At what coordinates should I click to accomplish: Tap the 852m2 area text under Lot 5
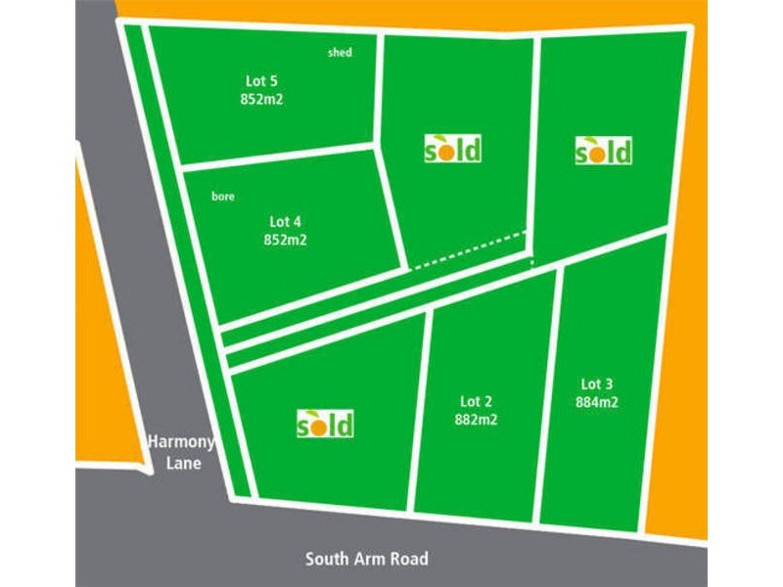click(x=260, y=99)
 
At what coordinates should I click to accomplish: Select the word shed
click(x=340, y=53)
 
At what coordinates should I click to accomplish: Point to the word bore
click(x=223, y=197)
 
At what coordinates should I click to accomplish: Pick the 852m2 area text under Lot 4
click(x=286, y=239)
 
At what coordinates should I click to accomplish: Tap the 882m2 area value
click(x=476, y=418)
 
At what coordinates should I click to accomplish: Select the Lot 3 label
click(x=597, y=384)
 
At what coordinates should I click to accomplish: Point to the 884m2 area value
click(x=597, y=401)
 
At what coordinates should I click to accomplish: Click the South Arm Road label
click(x=366, y=560)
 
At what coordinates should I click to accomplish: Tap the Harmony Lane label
click(x=181, y=452)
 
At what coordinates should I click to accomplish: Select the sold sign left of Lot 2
click(x=325, y=424)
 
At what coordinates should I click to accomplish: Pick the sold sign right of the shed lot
click(x=452, y=149)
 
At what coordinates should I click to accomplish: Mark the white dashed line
click(x=468, y=249)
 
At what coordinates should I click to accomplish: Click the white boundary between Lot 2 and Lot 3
click(x=549, y=391)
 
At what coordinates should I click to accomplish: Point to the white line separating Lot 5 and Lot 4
click(x=279, y=156)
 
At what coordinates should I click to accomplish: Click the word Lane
click(x=183, y=462)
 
